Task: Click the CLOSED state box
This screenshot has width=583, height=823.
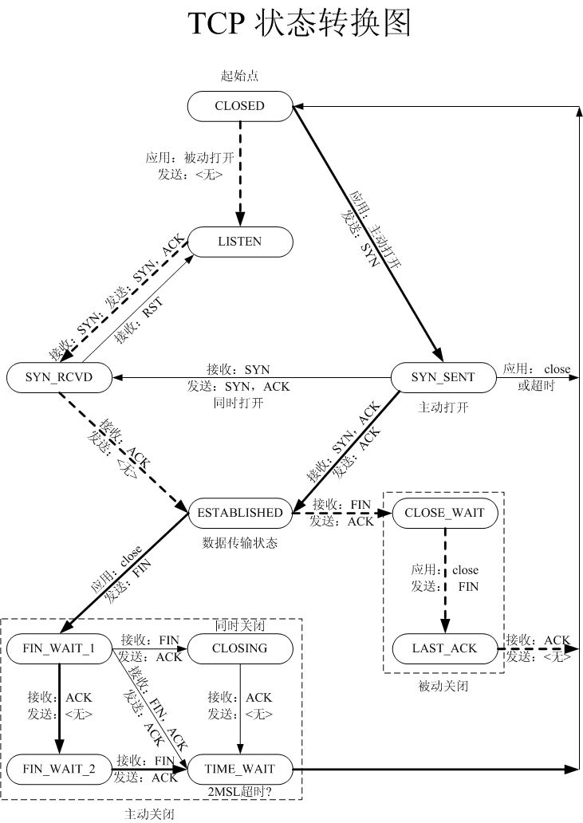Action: (239, 105)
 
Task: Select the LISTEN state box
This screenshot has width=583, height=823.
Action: (239, 242)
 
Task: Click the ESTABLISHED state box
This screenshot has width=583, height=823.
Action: (239, 513)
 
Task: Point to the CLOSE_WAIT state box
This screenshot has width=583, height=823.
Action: (444, 513)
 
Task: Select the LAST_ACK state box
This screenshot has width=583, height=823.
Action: (444, 648)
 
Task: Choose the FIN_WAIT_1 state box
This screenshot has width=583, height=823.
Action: (59, 648)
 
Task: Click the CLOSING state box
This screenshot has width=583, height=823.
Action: (239, 648)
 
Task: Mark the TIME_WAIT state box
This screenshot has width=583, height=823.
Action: (239, 770)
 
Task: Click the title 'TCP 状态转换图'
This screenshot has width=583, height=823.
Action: (298, 26)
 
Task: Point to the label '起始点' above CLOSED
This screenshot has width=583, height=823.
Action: (239, 77)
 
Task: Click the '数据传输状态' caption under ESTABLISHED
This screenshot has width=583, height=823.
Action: (239, 542)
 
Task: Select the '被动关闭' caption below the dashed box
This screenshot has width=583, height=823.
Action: (443, 686)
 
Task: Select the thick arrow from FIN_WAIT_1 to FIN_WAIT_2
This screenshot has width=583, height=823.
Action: (59, 710)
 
